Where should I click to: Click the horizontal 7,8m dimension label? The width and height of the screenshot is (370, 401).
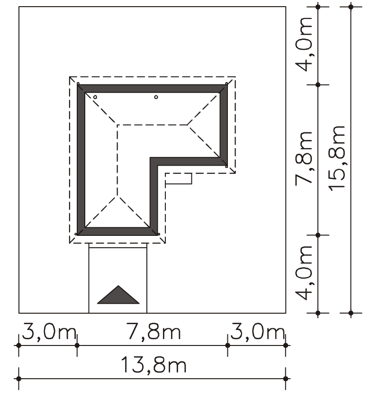[x=154, y=332]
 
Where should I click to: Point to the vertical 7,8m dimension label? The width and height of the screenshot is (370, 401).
[x=304, y=159]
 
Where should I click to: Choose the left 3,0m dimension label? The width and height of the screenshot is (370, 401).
[x=49, y=332]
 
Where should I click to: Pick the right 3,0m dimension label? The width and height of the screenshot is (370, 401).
[x=257, y=332]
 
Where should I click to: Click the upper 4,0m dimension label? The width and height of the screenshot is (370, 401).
[x=304, y=45]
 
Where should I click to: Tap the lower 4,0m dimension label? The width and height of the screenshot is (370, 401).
[x=304, y=273]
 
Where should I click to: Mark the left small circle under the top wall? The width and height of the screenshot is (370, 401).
[x=95, y=97]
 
